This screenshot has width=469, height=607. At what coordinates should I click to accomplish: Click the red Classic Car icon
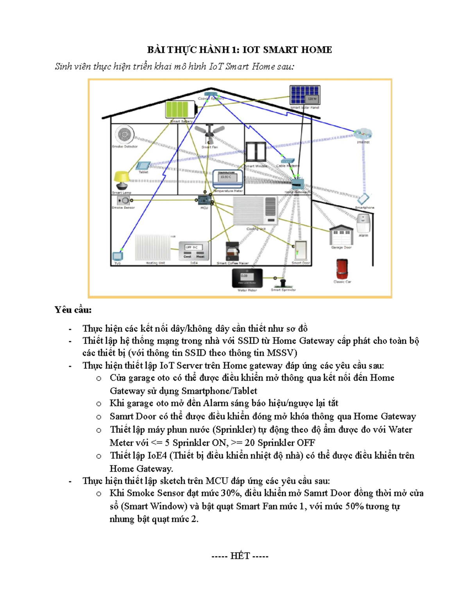342,269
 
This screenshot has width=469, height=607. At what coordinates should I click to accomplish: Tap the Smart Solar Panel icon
305,95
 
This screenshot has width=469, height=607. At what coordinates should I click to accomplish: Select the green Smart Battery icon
181,109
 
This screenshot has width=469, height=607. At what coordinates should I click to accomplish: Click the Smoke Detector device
124,135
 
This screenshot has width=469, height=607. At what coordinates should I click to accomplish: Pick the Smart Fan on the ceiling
210,134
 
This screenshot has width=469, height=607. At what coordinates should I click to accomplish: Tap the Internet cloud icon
363,134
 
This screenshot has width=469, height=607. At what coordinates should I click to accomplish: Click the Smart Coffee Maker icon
232,251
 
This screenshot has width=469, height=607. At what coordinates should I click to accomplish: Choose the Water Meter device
247,278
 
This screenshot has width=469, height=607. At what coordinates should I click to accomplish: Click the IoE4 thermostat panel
194,251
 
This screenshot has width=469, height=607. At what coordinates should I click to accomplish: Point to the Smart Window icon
256,152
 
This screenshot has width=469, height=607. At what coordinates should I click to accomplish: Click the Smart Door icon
301,251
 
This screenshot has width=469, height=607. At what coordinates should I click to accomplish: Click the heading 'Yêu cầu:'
73,310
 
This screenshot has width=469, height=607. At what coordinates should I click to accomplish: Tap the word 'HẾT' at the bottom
240,556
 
